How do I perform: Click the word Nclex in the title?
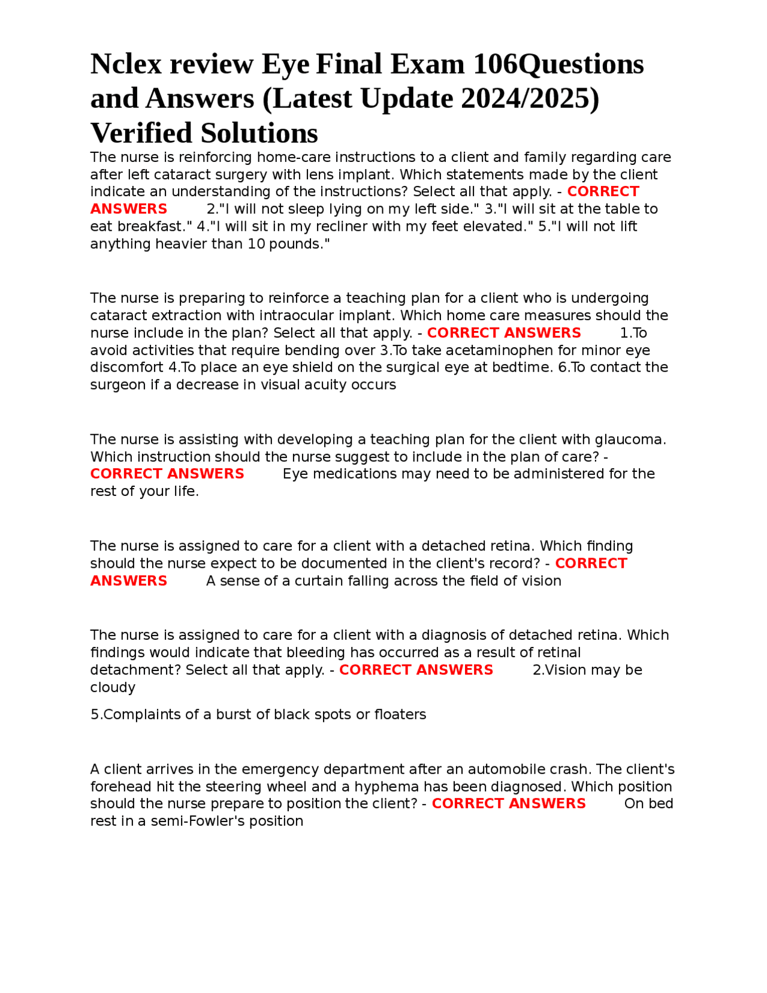pos(126,64)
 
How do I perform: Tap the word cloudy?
pos(113,687)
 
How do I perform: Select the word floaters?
pos(400,715)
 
